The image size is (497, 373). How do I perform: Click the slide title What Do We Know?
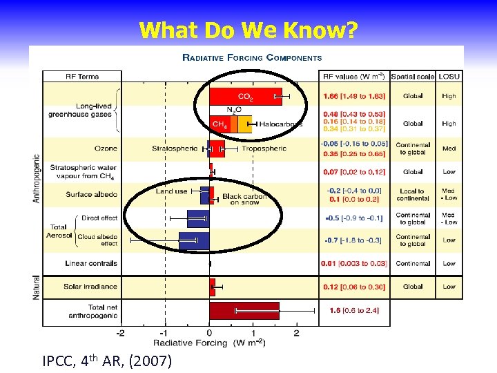[248, 30]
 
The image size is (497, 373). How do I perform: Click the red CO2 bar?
[245, 97]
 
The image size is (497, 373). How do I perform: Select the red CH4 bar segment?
[220, 124]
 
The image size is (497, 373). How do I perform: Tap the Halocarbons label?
[280, 124]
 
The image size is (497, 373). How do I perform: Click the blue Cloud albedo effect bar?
[194, 240]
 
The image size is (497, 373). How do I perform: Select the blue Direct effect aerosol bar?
[198, 219]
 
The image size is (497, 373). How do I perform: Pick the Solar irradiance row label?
[90, 286]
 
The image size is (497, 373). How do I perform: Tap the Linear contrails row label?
[91, 263]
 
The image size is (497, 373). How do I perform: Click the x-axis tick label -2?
[121, 333]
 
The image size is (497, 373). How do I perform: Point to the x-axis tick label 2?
[296, 333]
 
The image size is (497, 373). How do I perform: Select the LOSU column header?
[449, 76]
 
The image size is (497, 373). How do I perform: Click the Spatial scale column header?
[412, 76]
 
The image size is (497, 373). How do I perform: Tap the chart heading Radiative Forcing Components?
[251, 58]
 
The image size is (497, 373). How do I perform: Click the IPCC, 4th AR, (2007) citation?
[107, 361]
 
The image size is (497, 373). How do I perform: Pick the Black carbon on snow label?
[242, 199]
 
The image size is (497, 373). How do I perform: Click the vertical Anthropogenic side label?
[36, 178]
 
